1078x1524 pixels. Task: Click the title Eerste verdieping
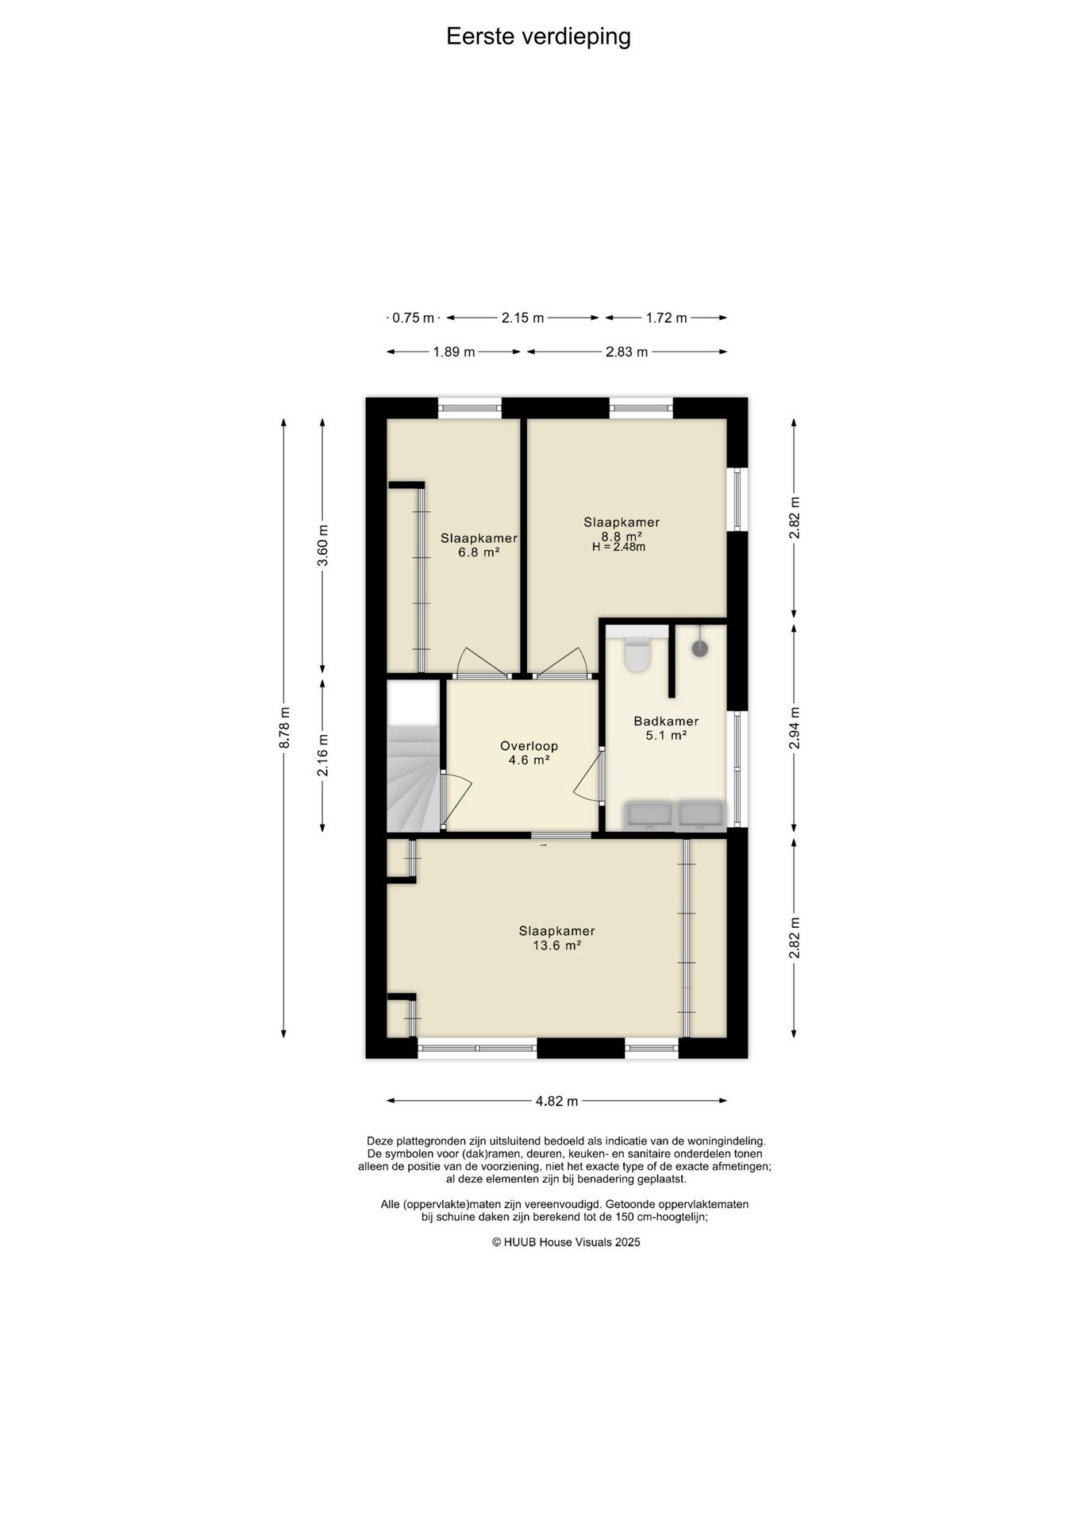click(x=538, y=37)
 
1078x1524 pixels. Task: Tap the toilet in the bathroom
click(x=637, y=653)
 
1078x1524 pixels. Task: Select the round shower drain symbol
click(x=699, y=648)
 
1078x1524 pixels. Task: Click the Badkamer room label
click(x=666, y=722)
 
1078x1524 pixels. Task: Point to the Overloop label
click(x=529, y=746)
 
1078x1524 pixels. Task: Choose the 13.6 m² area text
click(x=556, y=945)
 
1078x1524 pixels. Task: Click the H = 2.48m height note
click(x=618, y=547)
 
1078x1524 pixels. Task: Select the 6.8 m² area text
click(x=479, y=552)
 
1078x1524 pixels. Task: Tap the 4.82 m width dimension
click(x=556, y=1101)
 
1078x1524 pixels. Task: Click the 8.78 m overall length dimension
click(x=283, y=727)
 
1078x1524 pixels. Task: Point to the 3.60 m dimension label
click(x=322, y=546)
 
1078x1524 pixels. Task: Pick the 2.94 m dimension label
click(x=794, y=727)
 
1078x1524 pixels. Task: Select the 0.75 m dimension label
click(x=414, y=317)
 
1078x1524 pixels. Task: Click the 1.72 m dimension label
click(x=666, y=317)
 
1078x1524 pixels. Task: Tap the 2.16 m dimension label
click(x=322, y=756)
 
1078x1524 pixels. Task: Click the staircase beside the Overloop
click(x=414, y=778)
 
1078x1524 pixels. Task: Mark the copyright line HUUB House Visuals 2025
click(x=566, y=1242)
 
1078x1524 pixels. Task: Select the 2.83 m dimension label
click(x=626, y=352)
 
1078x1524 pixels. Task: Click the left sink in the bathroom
click(x=649, y=814)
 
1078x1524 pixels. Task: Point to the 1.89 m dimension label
click(x=454, y=352)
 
